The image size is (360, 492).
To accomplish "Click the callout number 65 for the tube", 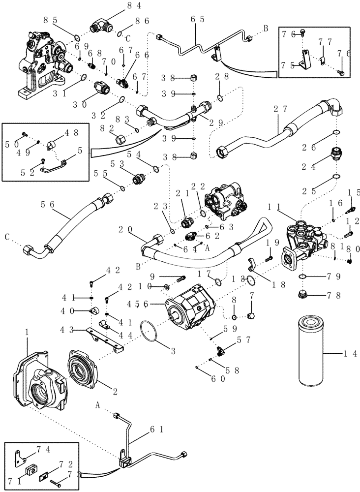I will click(x=197, y=20).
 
